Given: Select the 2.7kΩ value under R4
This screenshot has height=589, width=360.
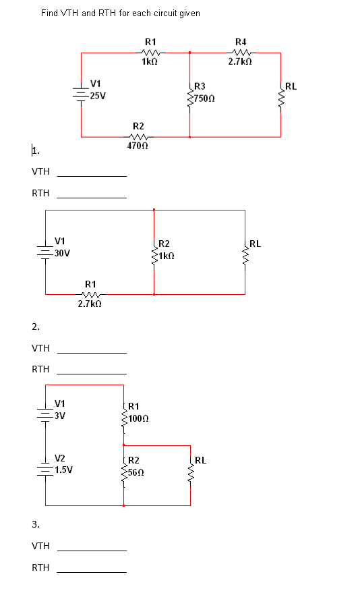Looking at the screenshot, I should coord(240,61).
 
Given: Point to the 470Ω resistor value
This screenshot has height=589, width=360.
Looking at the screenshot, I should coord(138,146).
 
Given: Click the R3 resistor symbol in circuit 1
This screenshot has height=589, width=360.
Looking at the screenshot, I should coord(189,95).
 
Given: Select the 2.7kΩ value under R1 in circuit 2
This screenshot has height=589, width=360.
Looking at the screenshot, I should coord(90,304).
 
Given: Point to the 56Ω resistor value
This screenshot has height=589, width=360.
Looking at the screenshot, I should coord(136,472).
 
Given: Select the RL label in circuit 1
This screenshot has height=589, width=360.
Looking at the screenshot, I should coord(291,86).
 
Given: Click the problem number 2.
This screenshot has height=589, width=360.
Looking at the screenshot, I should coord(35,327).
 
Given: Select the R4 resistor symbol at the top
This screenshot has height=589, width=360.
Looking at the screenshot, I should coord(241,52).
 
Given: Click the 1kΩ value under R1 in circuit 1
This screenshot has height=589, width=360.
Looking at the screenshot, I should coord(150,61).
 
